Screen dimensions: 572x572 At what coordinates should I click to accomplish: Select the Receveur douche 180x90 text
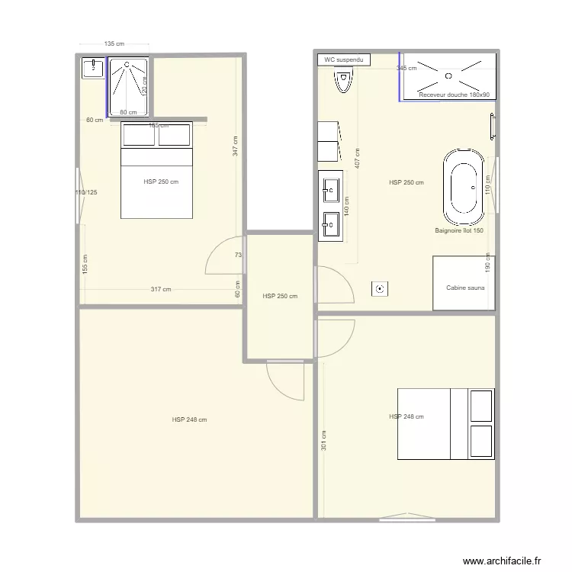pos(454,95)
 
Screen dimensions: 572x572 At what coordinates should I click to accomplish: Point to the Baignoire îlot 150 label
pos(459,230)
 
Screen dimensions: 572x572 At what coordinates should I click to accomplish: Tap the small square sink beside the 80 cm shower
pos(93,69)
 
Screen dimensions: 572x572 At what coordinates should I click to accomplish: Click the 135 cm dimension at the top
pos(114,44)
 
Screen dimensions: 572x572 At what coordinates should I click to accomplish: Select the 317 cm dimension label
pos(161,289)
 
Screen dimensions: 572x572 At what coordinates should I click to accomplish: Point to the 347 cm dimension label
pos(236,146)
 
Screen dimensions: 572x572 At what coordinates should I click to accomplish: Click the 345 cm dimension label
pos(406,69)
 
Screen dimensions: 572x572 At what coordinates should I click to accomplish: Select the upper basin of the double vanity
pos(330,186)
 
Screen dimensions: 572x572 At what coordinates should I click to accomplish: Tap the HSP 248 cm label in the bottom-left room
pos(190,419)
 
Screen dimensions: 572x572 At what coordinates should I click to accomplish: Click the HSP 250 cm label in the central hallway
pos(279,296)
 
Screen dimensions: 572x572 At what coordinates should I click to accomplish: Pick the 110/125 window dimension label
pos(85,192)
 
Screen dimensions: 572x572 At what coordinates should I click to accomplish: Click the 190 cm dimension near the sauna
pos(488,262)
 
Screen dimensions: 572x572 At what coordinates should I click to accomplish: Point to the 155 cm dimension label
pos(85,264)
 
